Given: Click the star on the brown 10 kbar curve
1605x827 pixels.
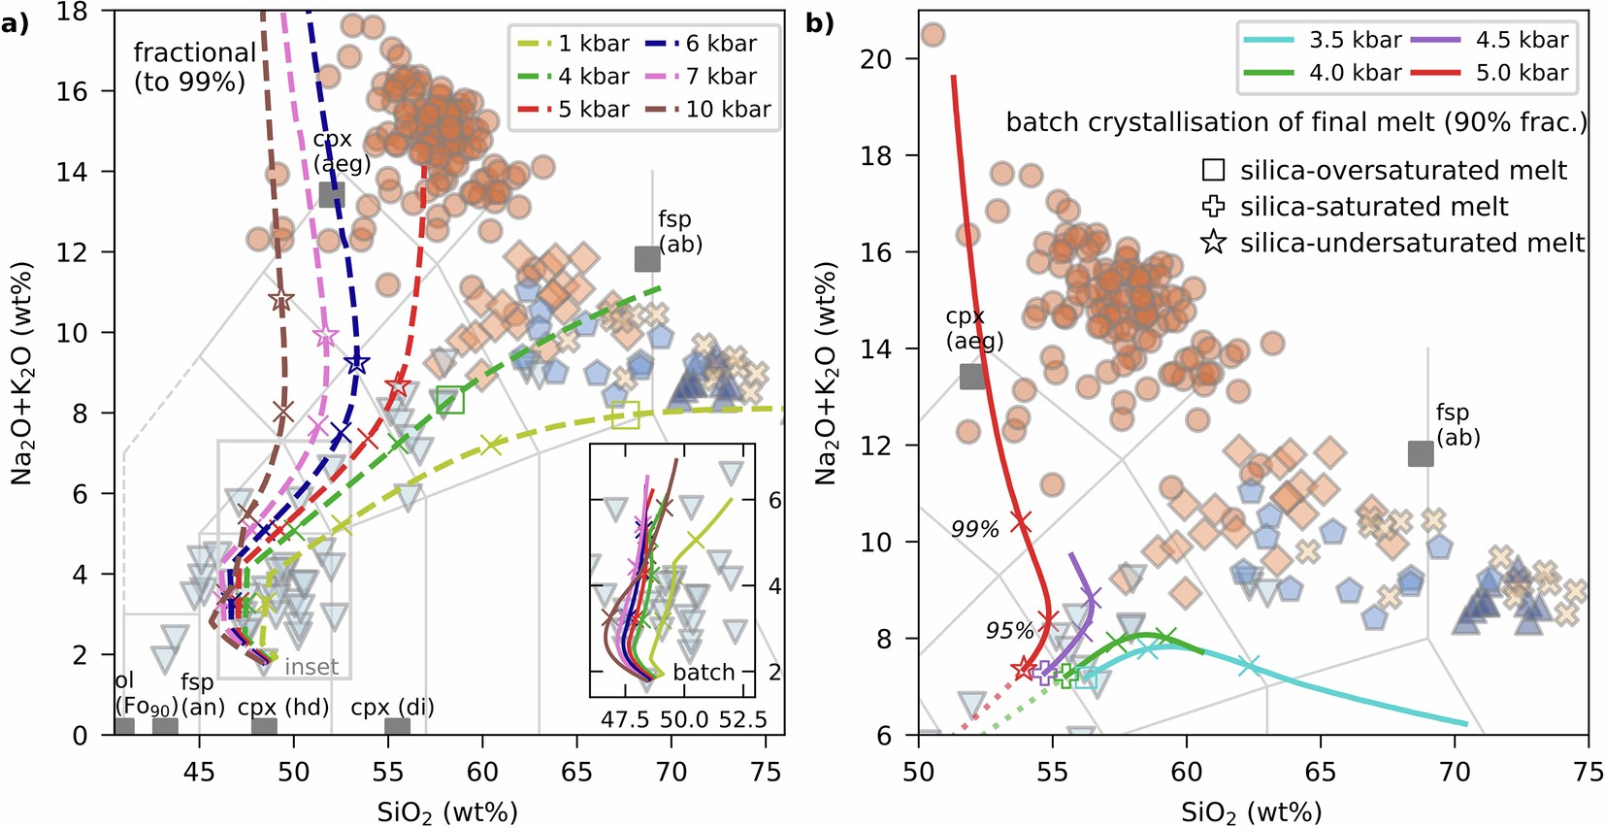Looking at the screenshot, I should (x=281, y=300).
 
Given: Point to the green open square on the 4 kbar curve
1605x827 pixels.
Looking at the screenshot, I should (x=449, y=400).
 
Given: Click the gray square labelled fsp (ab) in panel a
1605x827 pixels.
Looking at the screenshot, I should (x=647, y=259).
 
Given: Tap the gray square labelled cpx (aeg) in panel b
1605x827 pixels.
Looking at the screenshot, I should (x=972, y=377).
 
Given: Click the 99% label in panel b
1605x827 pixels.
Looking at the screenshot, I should (x=974, y=529).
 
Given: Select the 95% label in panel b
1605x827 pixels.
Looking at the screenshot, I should (x=1009, y=631).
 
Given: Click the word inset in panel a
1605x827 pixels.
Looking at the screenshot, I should (x=311, y=667).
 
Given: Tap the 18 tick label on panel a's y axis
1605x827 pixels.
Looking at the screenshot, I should (x=72, y=12).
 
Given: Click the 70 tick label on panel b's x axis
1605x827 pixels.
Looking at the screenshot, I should (x=1455, y=773).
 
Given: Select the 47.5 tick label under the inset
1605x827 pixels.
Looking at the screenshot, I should (x=625, y=719).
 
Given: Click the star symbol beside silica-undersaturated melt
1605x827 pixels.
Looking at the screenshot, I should (x=1213, y=242).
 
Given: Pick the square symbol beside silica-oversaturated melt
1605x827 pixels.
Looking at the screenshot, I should (x=1213, y=170).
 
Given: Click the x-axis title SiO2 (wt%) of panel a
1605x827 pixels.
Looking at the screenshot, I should (x=447, y=811).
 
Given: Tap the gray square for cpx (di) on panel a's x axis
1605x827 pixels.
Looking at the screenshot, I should (x=397, y=727).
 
